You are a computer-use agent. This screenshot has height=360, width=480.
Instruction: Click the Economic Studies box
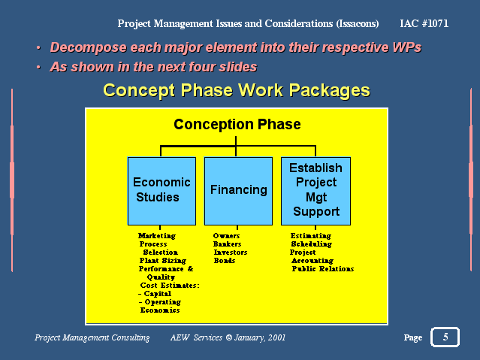[x=162, y=191]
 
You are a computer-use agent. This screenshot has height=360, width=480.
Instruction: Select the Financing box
[x=238, y=191]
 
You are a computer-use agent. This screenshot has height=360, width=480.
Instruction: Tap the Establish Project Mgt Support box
[x=315, y=191]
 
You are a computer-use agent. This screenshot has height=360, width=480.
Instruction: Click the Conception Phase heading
[x=237, y=125]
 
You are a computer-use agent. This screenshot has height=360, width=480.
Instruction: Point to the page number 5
[x=445, y=337]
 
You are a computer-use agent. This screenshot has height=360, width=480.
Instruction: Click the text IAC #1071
[x=424, y=23]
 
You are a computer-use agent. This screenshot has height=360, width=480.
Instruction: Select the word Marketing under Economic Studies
[x=157, y=236]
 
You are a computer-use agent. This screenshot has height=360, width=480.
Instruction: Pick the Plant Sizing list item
[x=162, y=261]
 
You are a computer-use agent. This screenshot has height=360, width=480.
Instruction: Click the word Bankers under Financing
[x=227, y=244]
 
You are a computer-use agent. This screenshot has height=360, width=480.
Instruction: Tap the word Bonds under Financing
[x=225, y=261]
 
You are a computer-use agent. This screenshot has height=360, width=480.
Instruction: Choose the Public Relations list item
[x=323, y=269]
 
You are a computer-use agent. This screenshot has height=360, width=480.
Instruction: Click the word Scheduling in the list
[x=311, y=244]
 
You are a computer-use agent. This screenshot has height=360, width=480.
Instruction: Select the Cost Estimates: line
[x=170, y=286]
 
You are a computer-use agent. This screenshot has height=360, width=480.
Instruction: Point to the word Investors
[x=231, y=253]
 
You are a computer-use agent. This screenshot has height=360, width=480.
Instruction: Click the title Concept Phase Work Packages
[x=237, y=91]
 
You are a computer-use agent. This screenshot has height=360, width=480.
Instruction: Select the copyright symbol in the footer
[x=229, y=337]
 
